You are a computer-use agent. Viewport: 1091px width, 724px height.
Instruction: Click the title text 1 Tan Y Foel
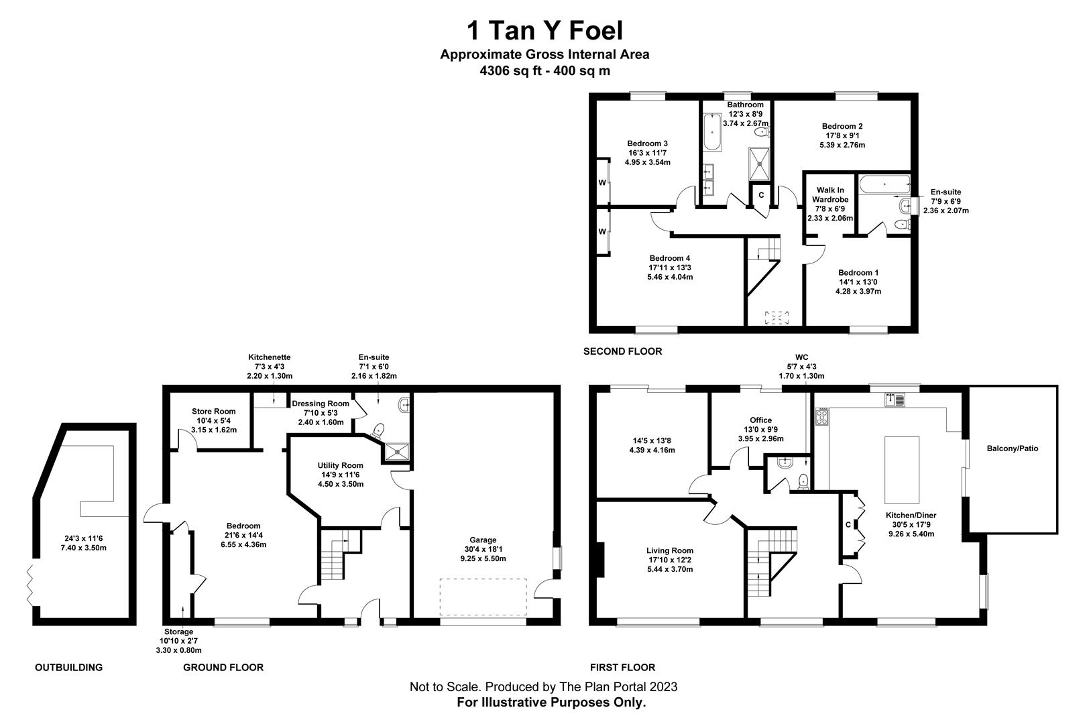[544, 30]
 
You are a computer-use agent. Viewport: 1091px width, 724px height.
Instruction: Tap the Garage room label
[483, 540]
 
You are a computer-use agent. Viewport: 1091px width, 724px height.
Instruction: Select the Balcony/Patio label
[1012, 448]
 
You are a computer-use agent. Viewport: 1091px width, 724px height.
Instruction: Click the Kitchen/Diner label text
[911, 516]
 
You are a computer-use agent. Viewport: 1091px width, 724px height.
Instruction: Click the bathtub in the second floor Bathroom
[711, 133]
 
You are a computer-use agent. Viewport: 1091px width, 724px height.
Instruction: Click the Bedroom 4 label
[669, 259]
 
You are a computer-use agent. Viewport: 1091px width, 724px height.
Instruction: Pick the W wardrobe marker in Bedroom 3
[602, 182]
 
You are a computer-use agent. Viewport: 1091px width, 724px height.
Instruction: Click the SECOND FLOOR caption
[622, 351]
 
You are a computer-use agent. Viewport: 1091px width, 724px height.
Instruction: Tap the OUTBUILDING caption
[68, 667]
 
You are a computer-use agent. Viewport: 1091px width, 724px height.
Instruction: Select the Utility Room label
[341, 465]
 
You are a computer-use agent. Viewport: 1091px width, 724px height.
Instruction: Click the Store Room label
[214, 412]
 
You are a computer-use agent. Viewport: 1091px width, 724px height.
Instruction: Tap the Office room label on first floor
[760, 420]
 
